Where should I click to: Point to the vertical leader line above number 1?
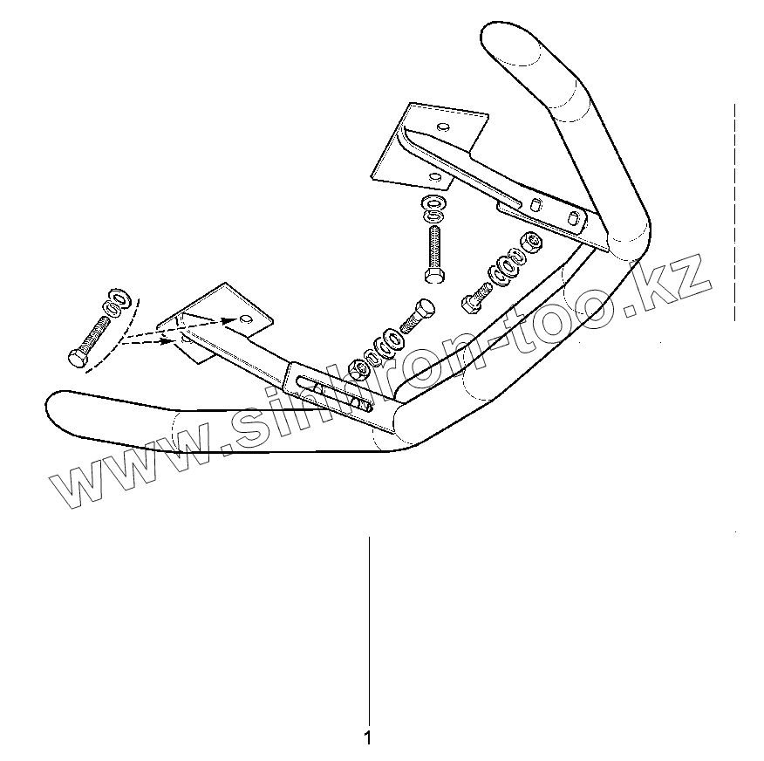pos(369,628)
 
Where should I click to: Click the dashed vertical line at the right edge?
pos(735,209)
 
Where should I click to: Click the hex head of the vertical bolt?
pos(433,276)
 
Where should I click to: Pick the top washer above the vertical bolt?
pos(433,203)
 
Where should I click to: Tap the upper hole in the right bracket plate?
pos(444,127)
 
